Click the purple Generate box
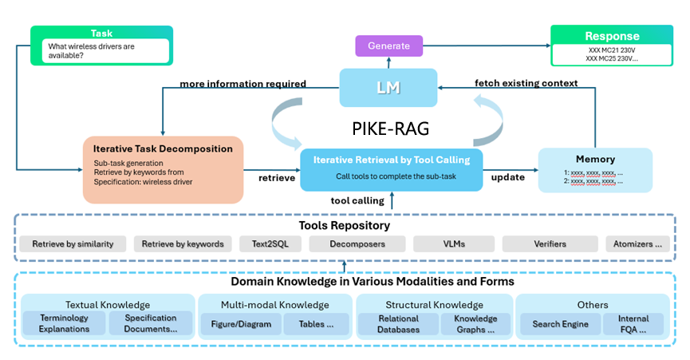[x=388, y=45]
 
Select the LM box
[x=388, y=87]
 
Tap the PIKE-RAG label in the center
[x=388, y=128]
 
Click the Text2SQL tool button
[x=270, y=244]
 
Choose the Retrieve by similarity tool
[x=73, y=244]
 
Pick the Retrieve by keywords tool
[x=183, y=244]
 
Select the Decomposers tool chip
[x=357, y=244]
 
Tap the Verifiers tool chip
[x=549, y=244]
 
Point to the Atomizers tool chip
[x=637, y=244]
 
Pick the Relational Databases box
[x=398, y=324]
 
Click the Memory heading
[x=595, y=159]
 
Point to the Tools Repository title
[x=345, y=225]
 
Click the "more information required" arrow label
[x=242, y=84]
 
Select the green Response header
[x=612, y=36]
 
